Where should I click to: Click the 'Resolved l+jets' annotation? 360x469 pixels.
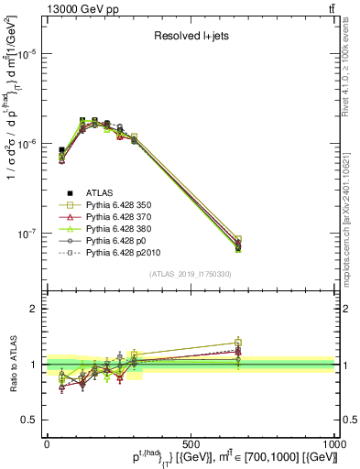[191, 37]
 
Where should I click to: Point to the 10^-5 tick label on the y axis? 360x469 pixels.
[28, 54]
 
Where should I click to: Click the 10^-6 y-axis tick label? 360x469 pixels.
[28, 144]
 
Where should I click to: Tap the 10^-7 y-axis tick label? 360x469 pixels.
[28, 234]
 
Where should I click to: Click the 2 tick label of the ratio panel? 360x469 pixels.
[36, 309]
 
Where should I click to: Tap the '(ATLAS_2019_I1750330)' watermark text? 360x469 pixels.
[191, 274]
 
